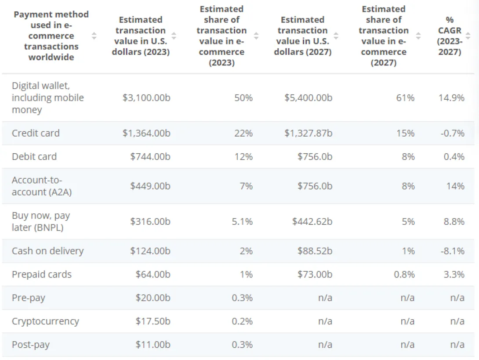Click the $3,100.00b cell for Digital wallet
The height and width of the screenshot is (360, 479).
[146, 97]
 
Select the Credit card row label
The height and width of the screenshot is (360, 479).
[36, 133]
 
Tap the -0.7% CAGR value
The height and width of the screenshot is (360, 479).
[452, 133]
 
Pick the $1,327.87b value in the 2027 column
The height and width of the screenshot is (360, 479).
[308, 133]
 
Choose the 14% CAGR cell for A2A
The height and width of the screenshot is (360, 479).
[455, 186]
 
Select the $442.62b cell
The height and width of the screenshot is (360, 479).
[312, 222]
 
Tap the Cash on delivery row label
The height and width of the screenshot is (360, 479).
[47, 251]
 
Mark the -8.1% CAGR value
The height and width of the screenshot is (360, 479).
[452, 251]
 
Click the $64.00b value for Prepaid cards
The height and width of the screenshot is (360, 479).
[152, 274]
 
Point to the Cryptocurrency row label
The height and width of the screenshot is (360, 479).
[45, 321]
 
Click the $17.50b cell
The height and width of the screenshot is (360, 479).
[152, 321]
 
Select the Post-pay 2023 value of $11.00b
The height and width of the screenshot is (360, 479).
[152, 345]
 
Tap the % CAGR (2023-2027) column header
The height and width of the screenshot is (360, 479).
[449, 36]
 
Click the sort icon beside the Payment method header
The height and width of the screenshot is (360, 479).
[94, 36]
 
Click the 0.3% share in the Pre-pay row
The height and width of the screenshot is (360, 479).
[242, 298]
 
